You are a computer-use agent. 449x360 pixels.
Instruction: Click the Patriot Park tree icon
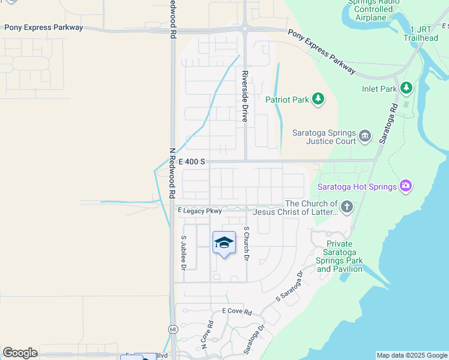318,99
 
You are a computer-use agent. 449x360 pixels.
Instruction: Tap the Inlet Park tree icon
406,89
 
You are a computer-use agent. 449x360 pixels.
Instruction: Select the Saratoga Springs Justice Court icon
365,137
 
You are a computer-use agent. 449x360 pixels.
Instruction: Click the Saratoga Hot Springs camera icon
406,187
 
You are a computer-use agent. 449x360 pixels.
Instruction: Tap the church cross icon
346,208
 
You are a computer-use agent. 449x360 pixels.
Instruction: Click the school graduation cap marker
224,242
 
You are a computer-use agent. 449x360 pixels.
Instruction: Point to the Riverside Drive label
245,97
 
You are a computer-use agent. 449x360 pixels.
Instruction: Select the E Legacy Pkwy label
200,211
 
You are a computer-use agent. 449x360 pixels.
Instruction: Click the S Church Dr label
247,244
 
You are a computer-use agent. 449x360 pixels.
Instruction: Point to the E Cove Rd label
237,311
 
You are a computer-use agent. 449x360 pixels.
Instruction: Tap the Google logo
20,353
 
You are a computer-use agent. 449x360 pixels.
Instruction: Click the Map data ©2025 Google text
412,355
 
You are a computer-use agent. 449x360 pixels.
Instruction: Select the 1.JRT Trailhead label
424,34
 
